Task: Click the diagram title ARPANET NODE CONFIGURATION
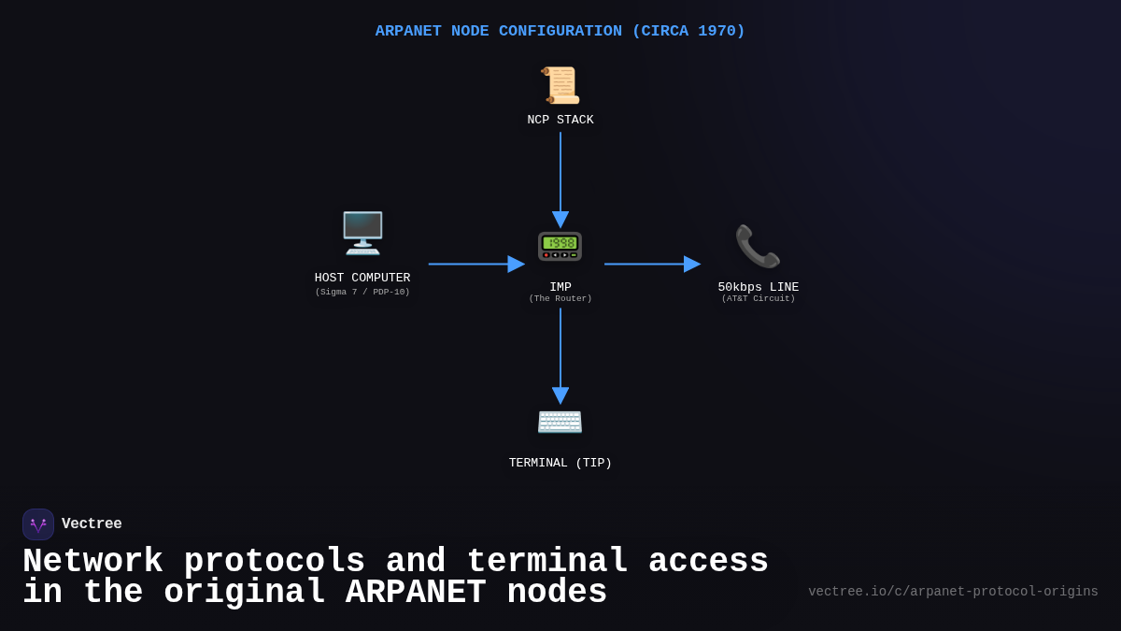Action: point(560,31)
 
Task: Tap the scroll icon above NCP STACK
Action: point(560,85)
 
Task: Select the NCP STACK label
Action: point(560,120)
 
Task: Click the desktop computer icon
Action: point(362,233)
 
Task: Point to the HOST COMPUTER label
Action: point(362,278)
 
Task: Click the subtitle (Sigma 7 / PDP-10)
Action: point(362,293)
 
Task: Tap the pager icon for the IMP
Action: point(560,246)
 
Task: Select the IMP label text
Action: point(560,287)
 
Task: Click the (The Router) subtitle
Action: point(560,299)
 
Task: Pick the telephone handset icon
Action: point(758,246)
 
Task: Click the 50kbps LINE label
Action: point(758,287)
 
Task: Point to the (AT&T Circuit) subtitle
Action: point(758,299)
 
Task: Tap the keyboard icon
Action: point(560,422)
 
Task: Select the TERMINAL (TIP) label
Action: point(560,463)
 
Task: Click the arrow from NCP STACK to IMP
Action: point(560,178)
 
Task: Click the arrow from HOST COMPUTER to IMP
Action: point(475,264)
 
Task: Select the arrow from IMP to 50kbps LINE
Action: point(651,264)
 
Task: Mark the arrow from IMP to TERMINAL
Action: point(560,353)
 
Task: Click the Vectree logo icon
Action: point(38,524)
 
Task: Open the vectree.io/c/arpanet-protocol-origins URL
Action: point(953,592)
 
